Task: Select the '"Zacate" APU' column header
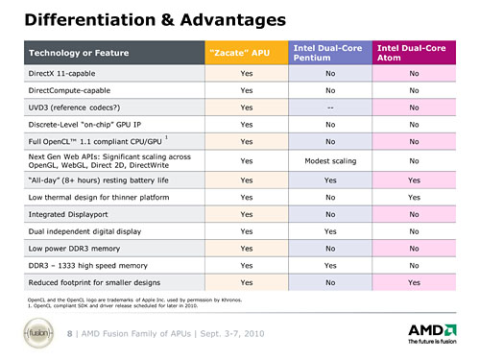246,53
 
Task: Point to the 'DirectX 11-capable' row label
68,72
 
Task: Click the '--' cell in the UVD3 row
330,107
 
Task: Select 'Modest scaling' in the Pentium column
330,160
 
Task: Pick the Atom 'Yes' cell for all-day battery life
414,179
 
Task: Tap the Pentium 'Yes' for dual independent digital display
330,231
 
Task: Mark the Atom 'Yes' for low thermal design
414,196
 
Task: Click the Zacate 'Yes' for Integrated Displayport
246,214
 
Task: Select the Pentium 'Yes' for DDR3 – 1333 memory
330,266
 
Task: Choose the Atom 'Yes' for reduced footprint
414,283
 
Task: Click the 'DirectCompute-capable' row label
73,89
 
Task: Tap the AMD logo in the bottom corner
433,332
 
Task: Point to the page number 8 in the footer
69,333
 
